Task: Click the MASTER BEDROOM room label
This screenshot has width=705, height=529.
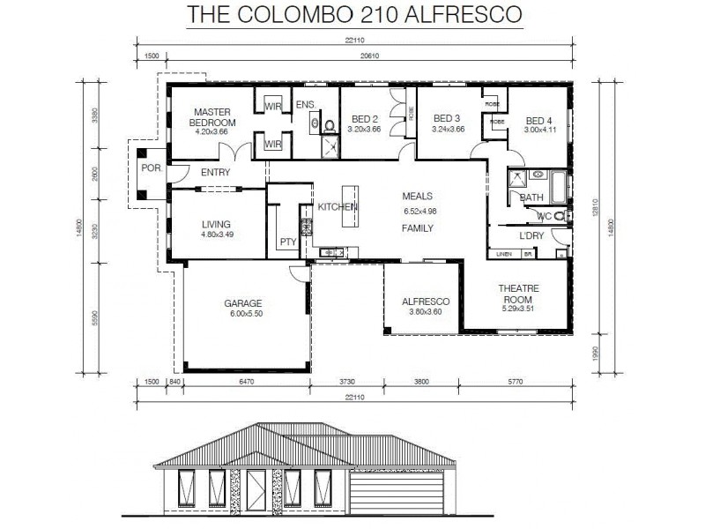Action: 212,117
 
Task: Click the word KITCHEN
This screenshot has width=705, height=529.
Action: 338,206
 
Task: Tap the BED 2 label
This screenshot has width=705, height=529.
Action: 364,119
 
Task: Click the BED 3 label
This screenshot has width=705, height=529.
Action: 446,119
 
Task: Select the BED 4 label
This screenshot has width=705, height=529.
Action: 539,121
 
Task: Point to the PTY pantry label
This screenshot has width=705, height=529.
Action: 287,242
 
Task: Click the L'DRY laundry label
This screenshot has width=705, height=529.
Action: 531,236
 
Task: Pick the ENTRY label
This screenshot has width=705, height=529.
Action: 215,173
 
